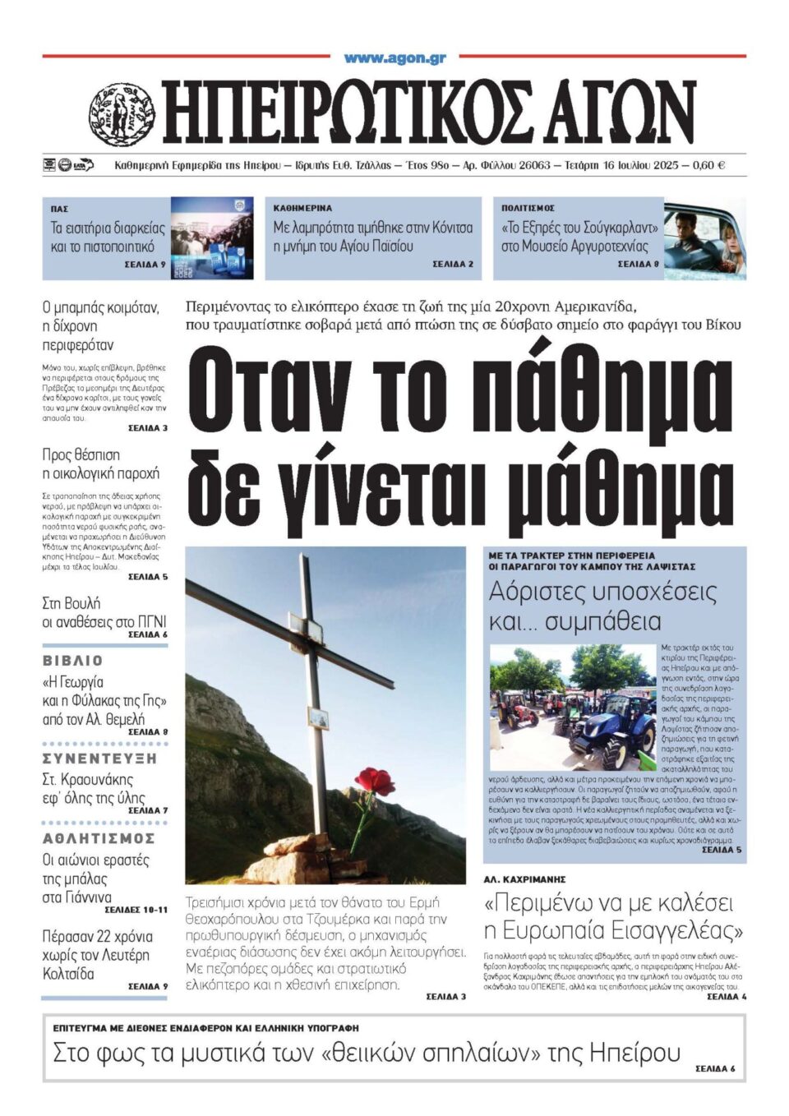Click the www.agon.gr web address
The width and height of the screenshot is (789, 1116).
(x=394, y=58)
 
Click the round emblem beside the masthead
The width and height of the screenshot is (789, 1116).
(x=122, y=116)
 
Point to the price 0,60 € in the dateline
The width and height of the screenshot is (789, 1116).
(x=708, y=165)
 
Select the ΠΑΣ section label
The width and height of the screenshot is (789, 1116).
(x=59, y=210)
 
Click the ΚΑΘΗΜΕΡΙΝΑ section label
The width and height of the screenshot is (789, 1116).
(x=302, y=209)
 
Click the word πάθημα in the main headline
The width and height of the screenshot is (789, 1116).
(x=584, y=393)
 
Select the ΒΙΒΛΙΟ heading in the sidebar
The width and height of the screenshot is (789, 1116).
(x=73, y=661)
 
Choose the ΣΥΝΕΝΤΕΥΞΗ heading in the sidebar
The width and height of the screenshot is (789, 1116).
(x=99, y=759)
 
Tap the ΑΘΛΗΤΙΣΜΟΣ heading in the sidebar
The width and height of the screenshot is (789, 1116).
(x=99, y=838)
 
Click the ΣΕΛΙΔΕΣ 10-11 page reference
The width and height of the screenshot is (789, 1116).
(x=136, y=910)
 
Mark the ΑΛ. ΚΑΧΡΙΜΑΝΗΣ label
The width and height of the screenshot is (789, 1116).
(x=524, y=879)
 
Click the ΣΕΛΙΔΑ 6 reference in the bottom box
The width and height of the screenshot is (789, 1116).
(x=715, y=1069)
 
